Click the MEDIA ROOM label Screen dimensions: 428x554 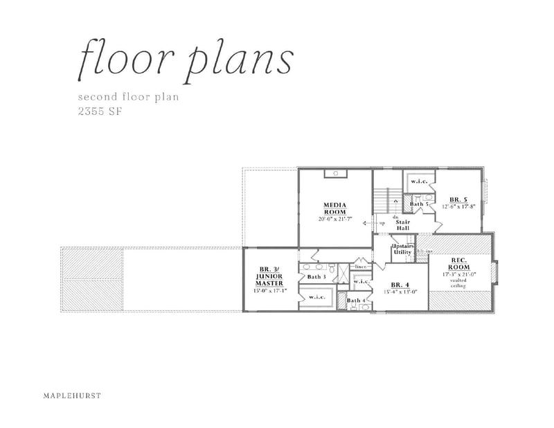coord(334,208)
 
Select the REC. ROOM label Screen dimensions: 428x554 coord(461,264)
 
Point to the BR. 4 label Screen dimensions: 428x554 coord(401,285)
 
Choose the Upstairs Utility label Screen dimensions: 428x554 coord(402,250)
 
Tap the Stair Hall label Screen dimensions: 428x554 coord(403,225)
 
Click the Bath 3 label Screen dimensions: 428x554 coord(316,277)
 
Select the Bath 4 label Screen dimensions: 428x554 coord(356,300)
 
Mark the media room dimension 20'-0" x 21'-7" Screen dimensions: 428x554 coord(335,219)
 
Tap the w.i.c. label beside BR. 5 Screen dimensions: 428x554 coord(419,181)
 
